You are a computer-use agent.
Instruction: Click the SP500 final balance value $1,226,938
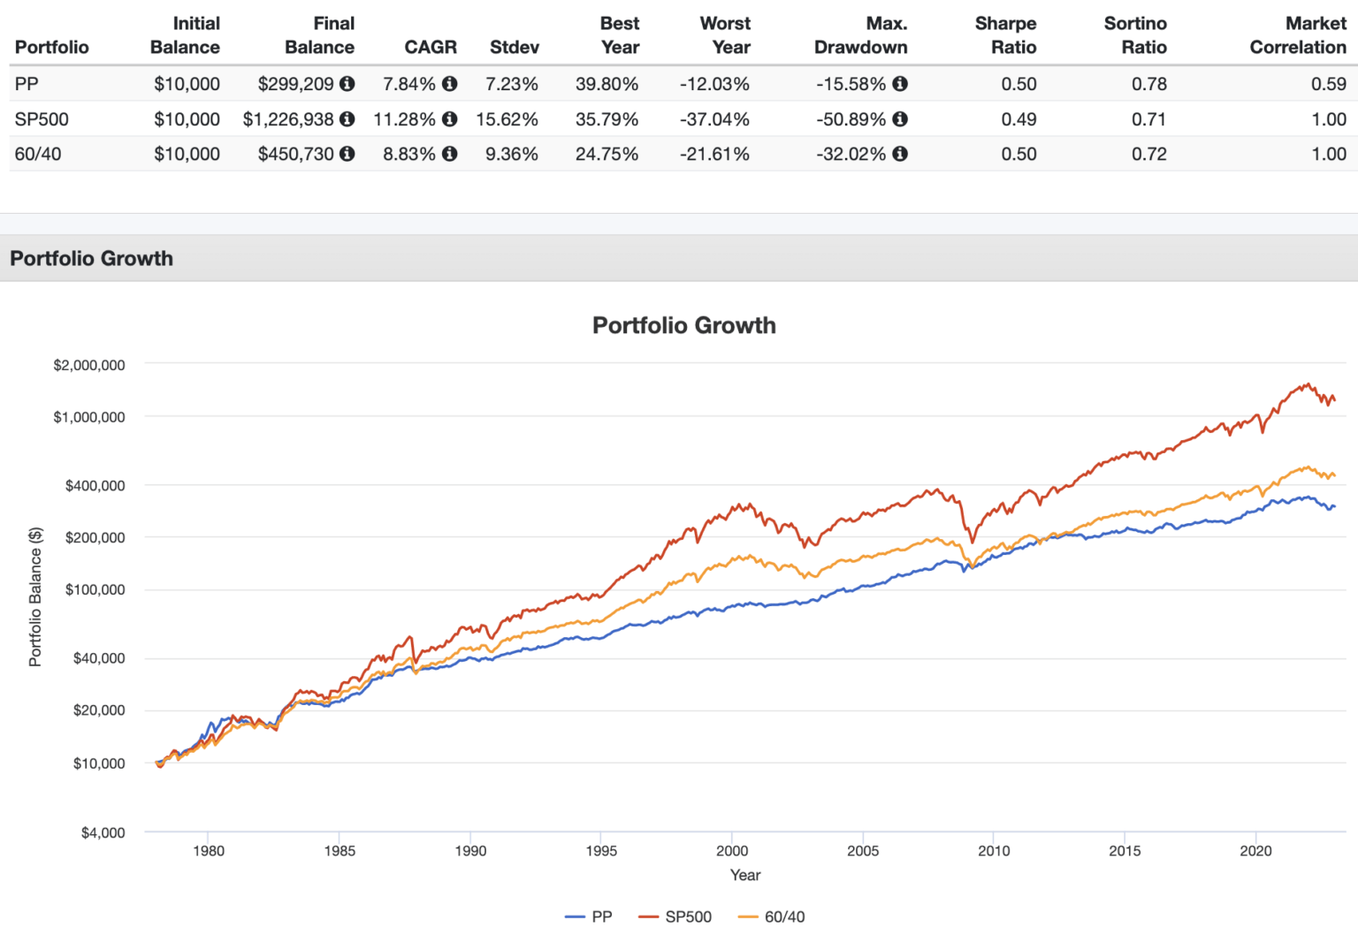click(x=288, y=119)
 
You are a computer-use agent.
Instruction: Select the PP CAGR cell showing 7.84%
click(x=408, y=84)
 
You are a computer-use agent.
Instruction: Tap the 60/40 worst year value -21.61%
click(x=714, y=154)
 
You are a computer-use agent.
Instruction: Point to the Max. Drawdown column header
click(x=860, y=35)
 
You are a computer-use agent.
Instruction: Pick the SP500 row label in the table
click(x=42, y=119)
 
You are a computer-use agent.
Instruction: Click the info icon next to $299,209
click(x=347, y=84)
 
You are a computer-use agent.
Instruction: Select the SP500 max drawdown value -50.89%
click(x=851, y=119)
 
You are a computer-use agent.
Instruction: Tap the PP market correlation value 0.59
click(x=1328, y=84)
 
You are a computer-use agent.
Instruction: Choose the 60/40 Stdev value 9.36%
click(x=511, y=154)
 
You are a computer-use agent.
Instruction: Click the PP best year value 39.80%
click(x=607, y=84)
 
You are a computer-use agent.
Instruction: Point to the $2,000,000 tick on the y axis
click(x=89, y=365)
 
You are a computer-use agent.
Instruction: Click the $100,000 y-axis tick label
click(x=95, y=589)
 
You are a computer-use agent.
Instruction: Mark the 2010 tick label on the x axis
click(x=994, y=851)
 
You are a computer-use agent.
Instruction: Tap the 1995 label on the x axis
click(x=601, y=851)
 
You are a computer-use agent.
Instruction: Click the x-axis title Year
click(x=744, y=875)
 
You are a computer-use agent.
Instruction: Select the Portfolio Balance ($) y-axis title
click(x=35, y=596)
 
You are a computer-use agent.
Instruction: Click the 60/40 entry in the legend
click(x=772, y=917)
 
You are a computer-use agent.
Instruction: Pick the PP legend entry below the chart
click(x=589, y=917)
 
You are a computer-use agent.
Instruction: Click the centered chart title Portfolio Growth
click(x=683, y=325)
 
